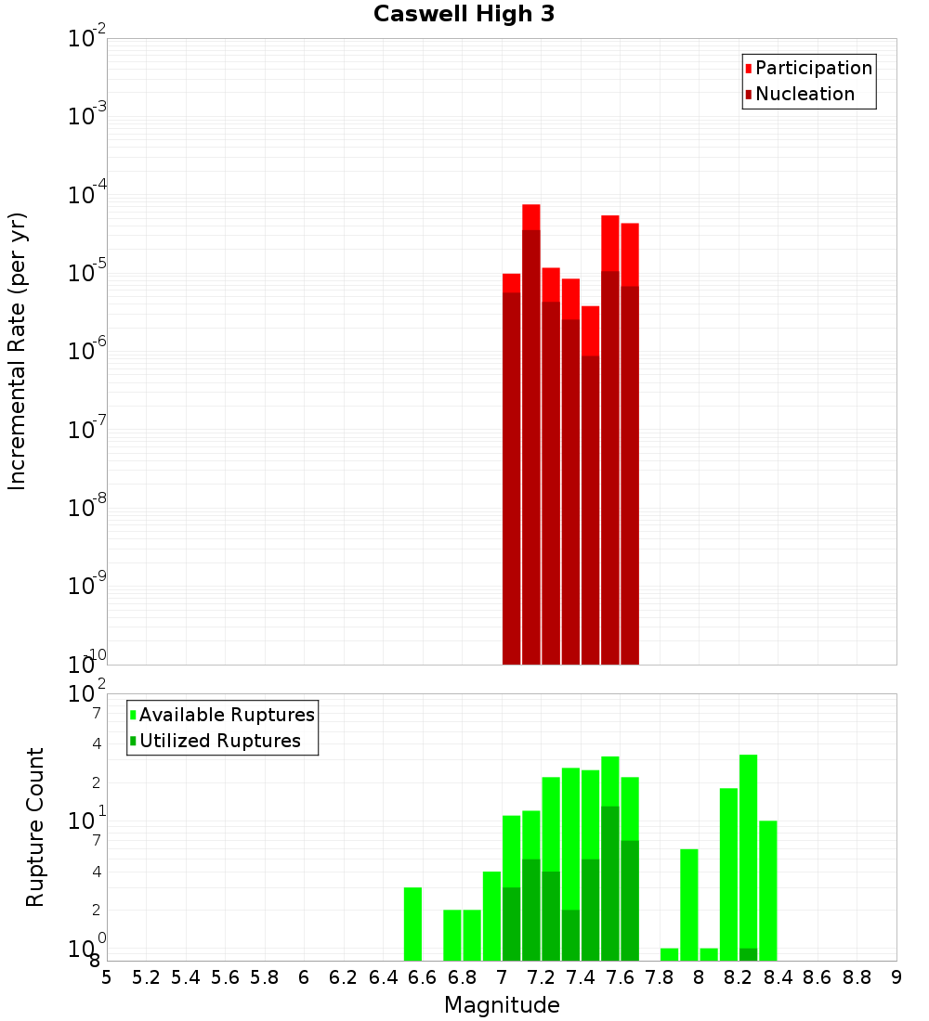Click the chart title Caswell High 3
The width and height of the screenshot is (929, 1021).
point(464,14)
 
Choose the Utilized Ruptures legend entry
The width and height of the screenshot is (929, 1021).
point(219,741)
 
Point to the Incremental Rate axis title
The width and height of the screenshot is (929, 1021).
point(18,351)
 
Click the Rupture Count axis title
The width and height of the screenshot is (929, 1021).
point(35,826)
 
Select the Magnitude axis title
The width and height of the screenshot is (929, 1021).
point(502,1004)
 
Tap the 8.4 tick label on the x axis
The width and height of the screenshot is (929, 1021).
point(778,977)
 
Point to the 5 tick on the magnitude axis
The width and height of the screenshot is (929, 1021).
point(107,977)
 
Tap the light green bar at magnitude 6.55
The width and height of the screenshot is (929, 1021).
point(412,924)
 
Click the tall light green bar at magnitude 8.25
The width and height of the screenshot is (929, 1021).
point(749,849)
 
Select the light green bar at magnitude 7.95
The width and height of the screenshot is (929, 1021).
point(689,905)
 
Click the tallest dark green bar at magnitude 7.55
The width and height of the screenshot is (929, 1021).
point(610,882)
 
